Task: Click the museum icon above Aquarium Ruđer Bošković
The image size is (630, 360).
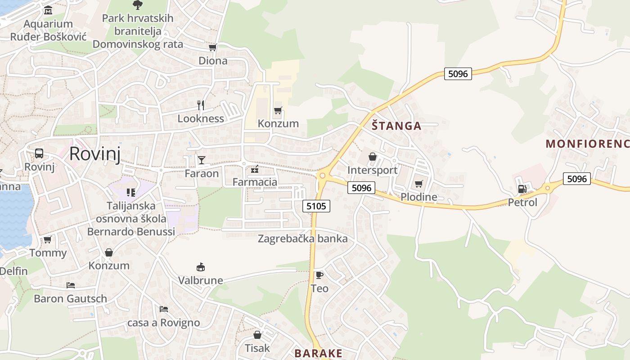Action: (x=48, y=10)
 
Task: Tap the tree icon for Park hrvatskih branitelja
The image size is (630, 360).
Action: (x=137, y=5)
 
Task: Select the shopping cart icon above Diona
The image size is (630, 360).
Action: (x=212, y=47)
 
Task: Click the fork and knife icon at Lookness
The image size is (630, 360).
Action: (x=201, y=105)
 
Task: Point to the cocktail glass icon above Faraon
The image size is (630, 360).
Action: (x=201, y=160)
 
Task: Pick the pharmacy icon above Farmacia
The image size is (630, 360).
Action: (x=255, y=169)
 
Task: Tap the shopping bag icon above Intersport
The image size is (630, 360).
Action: (x=372, y=157)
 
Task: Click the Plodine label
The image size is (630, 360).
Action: (x=418, y=197)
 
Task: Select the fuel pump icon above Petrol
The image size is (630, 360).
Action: (x=522, y=189)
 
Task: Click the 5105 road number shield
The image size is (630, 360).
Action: (x=316, y=206)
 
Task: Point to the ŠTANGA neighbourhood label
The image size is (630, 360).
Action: (x=396, y=126)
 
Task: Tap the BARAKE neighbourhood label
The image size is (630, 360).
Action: (x=319, y=353)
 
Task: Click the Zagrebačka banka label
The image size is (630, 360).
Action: (x=302, y=238)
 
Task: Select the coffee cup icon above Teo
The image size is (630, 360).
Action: (x=319, y=275)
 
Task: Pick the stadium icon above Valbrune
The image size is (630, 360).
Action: (x=201, y=267)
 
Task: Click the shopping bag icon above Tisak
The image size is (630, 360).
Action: (x=257, y=335)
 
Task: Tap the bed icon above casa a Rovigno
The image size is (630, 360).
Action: (x=164, y=309)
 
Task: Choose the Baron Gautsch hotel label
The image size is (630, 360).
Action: (x=71, y=298)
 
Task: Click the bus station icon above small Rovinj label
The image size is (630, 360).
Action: (x=39, y=153)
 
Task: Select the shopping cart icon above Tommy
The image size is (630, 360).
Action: (x=47, y=239)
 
